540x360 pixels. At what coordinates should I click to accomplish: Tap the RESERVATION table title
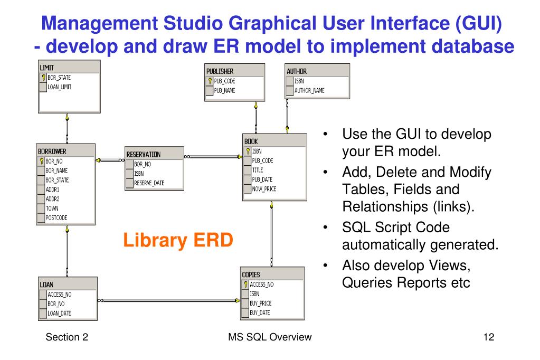tap(144, 155)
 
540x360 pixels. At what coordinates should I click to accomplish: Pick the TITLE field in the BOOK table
tap(259, 170)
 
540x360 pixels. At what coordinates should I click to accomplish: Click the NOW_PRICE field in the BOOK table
tap(264, 189)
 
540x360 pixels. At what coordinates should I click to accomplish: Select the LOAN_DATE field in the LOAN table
tap(60, 313)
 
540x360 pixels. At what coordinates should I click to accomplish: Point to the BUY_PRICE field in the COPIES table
tap(261, 304)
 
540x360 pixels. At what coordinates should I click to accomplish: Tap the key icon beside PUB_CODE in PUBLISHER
tap(210, 81)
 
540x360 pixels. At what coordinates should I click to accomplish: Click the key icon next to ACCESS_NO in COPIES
tap(245, 284)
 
